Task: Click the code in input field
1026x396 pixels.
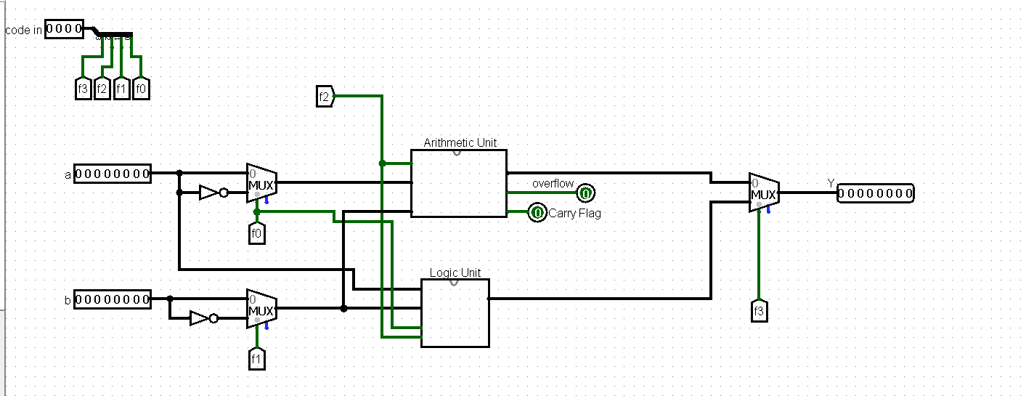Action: [64, 29]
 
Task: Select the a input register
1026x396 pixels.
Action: [113, 174]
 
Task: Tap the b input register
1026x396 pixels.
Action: [113, 299]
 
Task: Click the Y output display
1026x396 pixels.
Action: [875, 193]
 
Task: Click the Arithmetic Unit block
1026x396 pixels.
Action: [458, 183]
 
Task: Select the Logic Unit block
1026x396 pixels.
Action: [455, 312]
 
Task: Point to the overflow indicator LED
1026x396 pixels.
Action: [586, 193]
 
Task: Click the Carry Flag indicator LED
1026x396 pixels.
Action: [537, 213]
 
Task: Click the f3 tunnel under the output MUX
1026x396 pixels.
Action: [759, 312]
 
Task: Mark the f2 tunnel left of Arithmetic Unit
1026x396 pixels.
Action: [325, 96]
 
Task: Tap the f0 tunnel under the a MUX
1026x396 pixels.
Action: [256, 233]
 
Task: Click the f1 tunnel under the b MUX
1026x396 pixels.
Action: [256, 358]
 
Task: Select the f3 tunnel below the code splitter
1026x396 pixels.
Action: [82, 89]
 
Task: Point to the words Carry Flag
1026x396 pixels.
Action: [574, 214]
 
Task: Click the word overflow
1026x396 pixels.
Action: [553, 183]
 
